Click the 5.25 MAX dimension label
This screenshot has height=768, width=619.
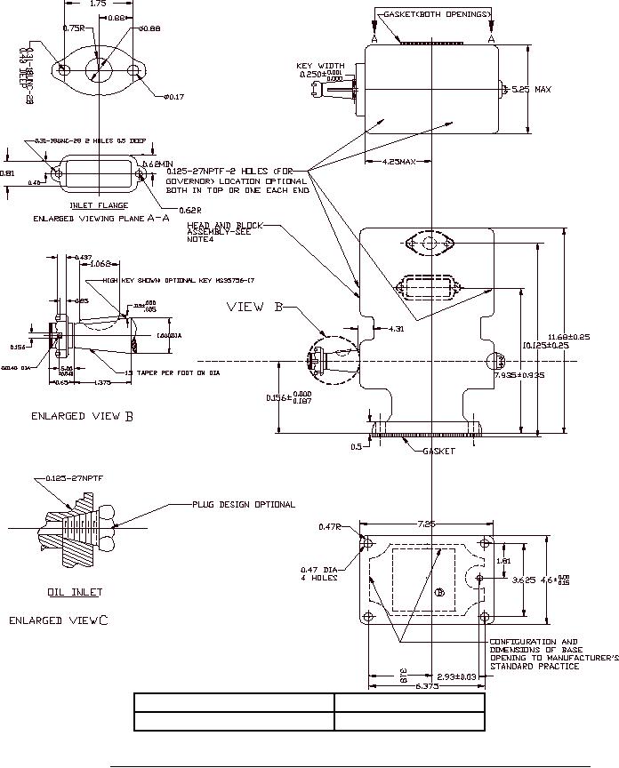531,89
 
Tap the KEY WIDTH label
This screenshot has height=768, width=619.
320,65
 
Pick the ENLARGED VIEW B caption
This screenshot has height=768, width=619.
83,415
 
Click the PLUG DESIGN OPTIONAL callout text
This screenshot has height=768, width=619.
244,504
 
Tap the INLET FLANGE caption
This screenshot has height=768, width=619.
99,205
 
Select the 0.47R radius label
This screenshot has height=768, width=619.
331,527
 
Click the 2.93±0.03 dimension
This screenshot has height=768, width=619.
457,677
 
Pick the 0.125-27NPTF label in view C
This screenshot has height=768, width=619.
69,478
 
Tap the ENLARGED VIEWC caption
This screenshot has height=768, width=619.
59,620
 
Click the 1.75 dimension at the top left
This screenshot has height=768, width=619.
100,4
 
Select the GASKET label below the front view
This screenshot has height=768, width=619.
438,451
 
